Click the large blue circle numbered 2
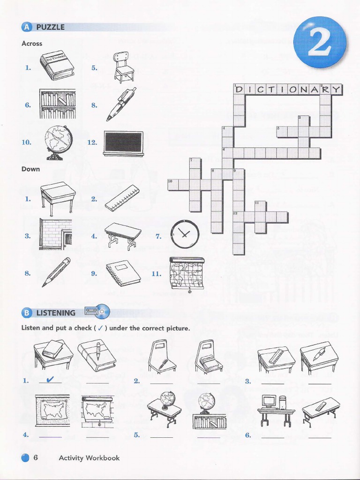tap(320, 43)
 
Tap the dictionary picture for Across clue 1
tap(57, 66)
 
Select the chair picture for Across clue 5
tap(123, 67)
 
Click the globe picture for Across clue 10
tap(58, 142)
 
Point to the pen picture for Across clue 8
tap(121, 104)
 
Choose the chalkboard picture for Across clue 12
tap(123, 143)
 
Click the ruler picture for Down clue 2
tap(122, 198)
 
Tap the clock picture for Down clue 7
tap(185, 234)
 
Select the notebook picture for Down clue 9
tap(123, 272)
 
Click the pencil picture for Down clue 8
tap(56, 272)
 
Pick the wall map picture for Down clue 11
tap(187, 273)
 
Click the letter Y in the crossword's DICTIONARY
tap(337, 90)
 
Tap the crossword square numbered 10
tap(173, 185)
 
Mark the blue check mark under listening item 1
tap(50, 379)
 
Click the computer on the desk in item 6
tap(269, 402)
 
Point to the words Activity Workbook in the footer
tap(89, 457)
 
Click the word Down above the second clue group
tap(30, 169)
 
